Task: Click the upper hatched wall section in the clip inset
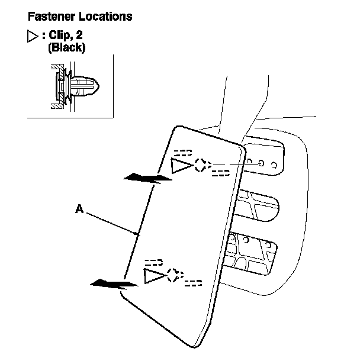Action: click(x=56, y=67)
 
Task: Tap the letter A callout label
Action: click(x=79, y=208)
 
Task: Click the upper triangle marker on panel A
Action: click(x=181, y=166)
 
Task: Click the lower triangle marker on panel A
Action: click(x=154, y=275)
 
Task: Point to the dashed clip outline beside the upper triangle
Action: click(x=202, y=165)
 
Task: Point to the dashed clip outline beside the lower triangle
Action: click(x=174, y=275)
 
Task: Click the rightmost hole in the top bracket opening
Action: click(x=273, y=162)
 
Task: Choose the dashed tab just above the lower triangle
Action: click(x=153, y=261)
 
